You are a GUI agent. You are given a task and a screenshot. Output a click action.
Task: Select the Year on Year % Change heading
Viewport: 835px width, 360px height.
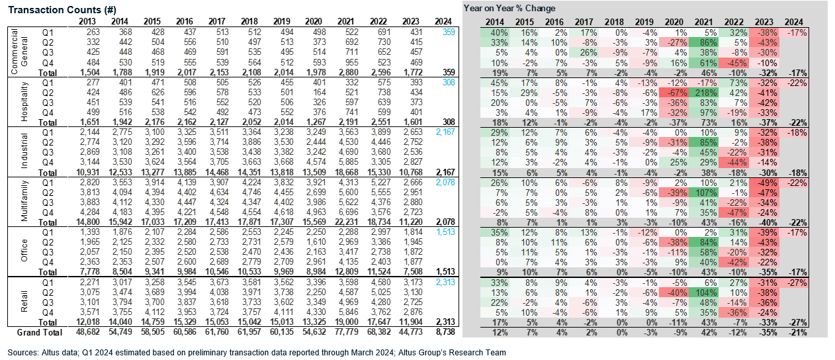coord(509,9)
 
